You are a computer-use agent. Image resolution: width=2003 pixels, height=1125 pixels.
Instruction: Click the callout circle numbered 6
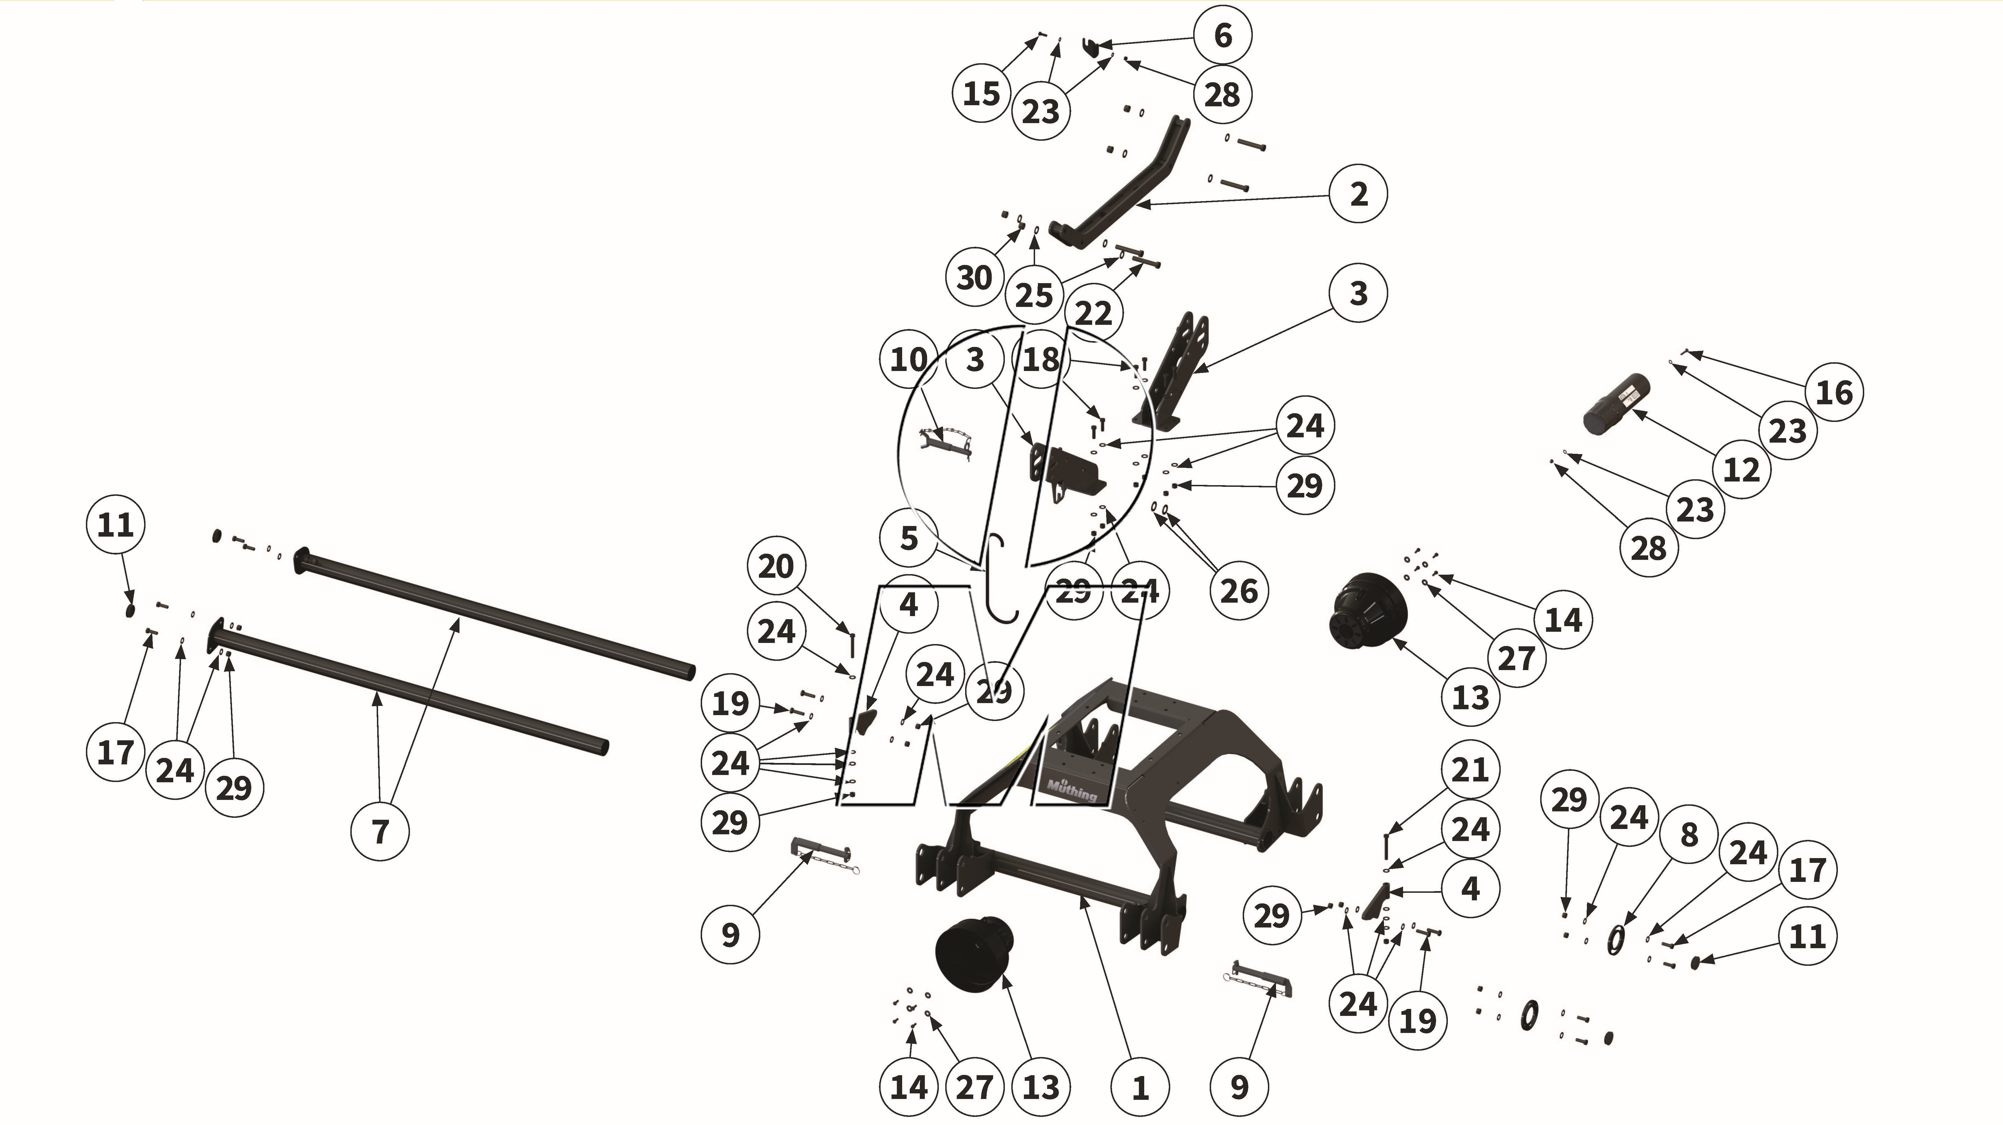[1222, 35]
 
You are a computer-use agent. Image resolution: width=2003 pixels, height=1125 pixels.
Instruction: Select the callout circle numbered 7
[380, 831]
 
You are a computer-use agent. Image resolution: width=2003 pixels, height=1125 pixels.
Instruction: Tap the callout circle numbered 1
[1140, 1088]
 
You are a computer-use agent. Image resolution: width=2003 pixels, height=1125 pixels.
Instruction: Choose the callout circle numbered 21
[1470, 770]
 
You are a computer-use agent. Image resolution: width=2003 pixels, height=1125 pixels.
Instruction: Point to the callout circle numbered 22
[1093, 313]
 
